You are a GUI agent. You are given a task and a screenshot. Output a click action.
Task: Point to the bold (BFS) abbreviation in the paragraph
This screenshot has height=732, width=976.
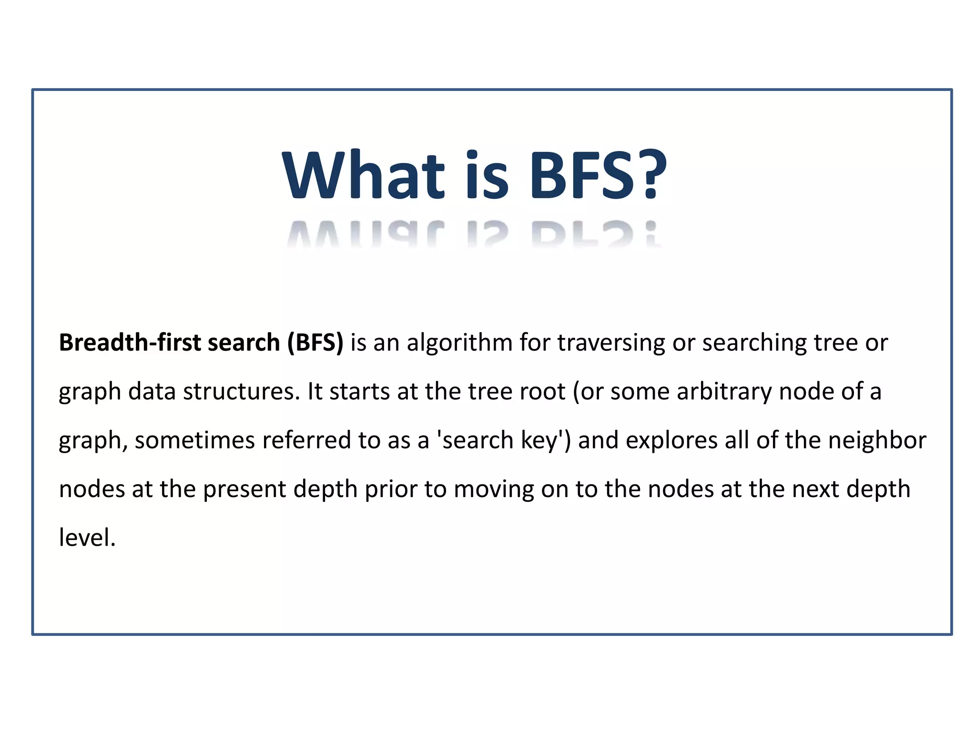point(315,343)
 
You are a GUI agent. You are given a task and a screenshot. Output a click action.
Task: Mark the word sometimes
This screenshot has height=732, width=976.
point(194,440)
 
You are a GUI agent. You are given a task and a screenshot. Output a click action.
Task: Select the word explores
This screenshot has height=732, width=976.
point(671,440)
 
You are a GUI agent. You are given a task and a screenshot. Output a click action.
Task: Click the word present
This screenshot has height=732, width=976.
point(244,489)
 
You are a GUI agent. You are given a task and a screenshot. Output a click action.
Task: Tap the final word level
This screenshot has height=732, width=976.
point(86,538)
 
